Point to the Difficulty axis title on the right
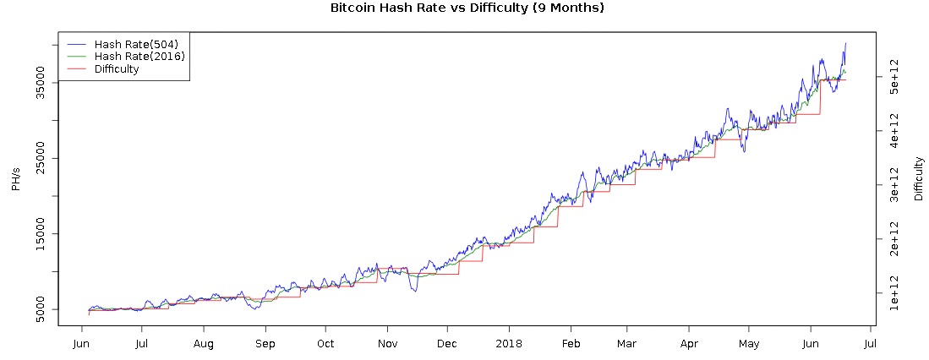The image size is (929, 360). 919,178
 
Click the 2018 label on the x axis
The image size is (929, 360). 509,344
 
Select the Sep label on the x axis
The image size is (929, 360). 265,344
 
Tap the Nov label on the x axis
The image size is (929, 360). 387,344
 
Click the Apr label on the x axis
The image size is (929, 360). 689,344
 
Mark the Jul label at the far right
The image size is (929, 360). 870,344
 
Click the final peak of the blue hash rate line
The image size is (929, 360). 845,43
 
